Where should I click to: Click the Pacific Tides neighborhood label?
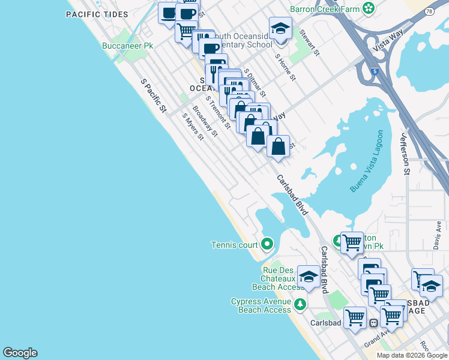tap(97, 14)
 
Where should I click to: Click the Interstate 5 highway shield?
tap(375, 71)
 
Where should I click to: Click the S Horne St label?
tap(286, 67)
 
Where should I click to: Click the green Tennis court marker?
tap(267, 244)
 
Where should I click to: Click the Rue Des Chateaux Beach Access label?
tap(279, 278)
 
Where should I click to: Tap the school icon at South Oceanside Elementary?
tap(280, 28)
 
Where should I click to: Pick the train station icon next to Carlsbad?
tap(373, 323)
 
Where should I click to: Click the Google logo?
tap(20, 353)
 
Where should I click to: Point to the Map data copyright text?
tap(412, 355)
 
